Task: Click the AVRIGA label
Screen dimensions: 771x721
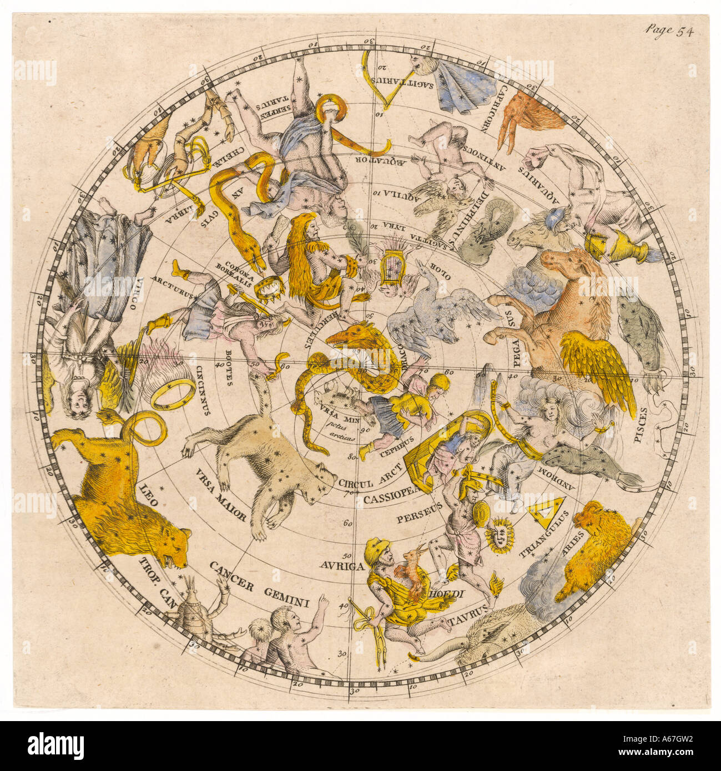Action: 341,566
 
